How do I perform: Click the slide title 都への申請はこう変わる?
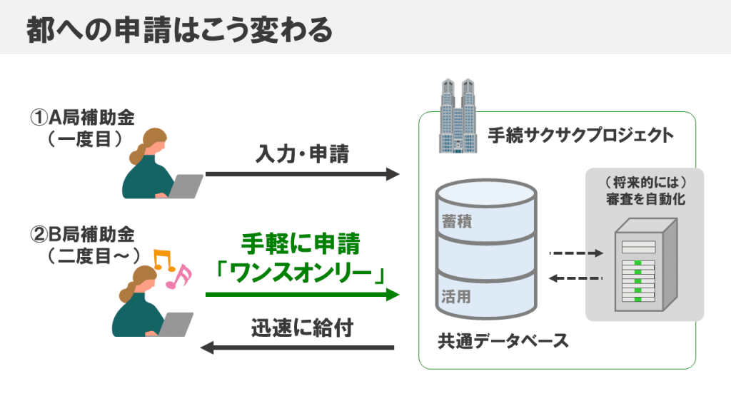[179, 30]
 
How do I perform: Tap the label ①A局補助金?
[83, 118]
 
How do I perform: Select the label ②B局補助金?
[83, 234]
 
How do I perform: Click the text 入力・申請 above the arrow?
[302, 154]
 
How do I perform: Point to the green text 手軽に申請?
[301, 244]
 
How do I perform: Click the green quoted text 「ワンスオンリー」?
[301, 272]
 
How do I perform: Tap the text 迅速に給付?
[302, 328]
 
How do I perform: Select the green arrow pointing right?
[303, 295]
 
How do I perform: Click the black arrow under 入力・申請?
[303, 174]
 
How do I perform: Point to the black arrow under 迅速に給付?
[297, 347]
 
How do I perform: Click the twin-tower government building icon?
[458, 116]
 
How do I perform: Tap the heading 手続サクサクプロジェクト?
[581, 135]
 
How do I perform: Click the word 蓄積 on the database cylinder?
[457, 221]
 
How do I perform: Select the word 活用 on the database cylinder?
[456, 296]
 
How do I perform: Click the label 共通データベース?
[503, 341]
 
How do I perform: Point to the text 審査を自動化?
[645, 199]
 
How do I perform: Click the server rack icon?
[645, 265]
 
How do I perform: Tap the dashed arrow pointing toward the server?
[576, 253]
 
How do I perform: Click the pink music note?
[179, 277]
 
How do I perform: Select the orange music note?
[164, 260]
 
